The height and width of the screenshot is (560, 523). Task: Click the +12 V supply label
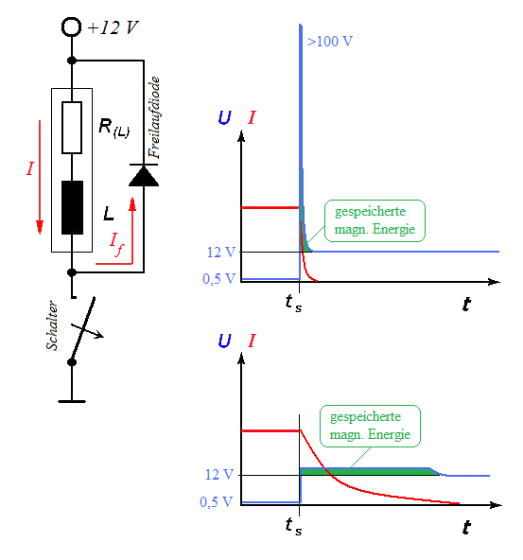pos(113,27)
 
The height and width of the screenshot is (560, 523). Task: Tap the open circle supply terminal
pos(71,27)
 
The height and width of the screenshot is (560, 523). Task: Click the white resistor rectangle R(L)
pos(72,128)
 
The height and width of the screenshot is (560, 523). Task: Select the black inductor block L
pos(72,207)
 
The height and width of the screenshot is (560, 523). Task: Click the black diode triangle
pos(144,177)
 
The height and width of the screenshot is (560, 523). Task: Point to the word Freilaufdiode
pos(154,117)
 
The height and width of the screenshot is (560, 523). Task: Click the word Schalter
pos(52,325)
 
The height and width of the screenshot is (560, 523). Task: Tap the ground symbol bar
pos(72,401)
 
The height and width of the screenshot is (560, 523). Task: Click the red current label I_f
pos(116,244)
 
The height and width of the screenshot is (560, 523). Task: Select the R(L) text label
pos(113,129)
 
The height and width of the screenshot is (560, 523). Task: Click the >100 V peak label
pos(329,42)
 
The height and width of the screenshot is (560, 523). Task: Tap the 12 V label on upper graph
pos(221,253)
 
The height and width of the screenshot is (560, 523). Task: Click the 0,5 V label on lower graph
pos(217,502)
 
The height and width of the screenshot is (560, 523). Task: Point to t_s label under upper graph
pos(294,304)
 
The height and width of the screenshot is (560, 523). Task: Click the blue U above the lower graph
pos(224,341)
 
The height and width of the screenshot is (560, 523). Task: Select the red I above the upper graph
pos(252,117)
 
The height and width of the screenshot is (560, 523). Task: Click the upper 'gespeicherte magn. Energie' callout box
pos(375,220)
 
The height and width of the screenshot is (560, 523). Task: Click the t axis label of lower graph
pos(466,527)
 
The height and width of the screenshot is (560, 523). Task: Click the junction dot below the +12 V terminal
pos(72,61)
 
